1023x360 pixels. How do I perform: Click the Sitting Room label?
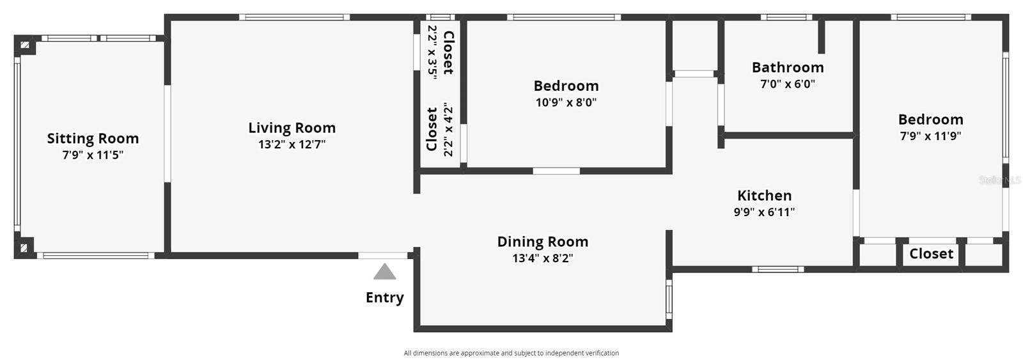pos(93,139)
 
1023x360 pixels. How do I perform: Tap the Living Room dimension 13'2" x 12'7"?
pos(292,145)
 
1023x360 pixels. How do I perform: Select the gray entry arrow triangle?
pos(384,272)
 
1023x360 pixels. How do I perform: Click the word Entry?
pos(384,298)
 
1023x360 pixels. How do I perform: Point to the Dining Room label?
pos(542,242)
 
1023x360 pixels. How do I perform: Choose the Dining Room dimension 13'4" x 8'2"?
pos(542,258)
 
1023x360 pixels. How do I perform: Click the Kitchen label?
pos(764,196)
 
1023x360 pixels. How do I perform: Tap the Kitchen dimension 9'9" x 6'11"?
pos(764,212)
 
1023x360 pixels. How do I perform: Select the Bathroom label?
pos(787,67)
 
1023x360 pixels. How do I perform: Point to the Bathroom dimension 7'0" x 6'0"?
pos(787,84)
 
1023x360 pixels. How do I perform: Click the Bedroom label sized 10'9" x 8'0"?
pos(566,86)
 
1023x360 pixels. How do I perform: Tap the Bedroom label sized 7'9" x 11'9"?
pos(930,120)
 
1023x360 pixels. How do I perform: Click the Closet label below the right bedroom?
pos(931,254)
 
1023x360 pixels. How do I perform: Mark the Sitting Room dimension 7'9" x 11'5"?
pos(93,155)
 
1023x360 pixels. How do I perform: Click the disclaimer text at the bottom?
pos(511,353)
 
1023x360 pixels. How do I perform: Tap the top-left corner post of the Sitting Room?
pos(24,45)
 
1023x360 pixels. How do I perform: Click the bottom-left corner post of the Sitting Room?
pos(24,248)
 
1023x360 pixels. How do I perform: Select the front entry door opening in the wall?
pos(382,256)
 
